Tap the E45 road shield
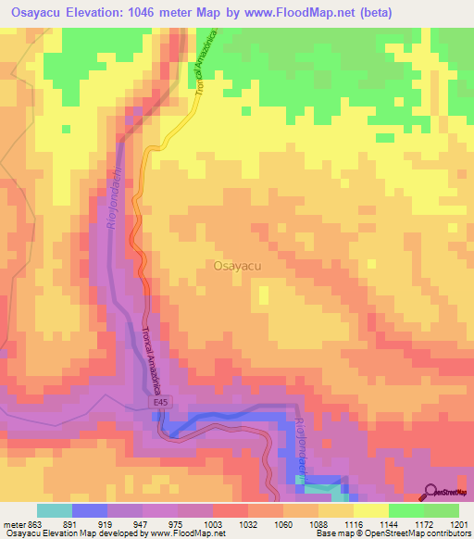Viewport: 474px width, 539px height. coord(161,403)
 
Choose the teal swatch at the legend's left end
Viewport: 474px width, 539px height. coord(54,510)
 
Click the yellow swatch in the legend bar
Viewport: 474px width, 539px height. coord(371,510)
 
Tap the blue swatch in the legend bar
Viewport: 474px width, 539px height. coord(89,510)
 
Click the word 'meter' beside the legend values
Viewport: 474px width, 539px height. coord(14,523)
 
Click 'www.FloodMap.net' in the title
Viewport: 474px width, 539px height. coord(300,12)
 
